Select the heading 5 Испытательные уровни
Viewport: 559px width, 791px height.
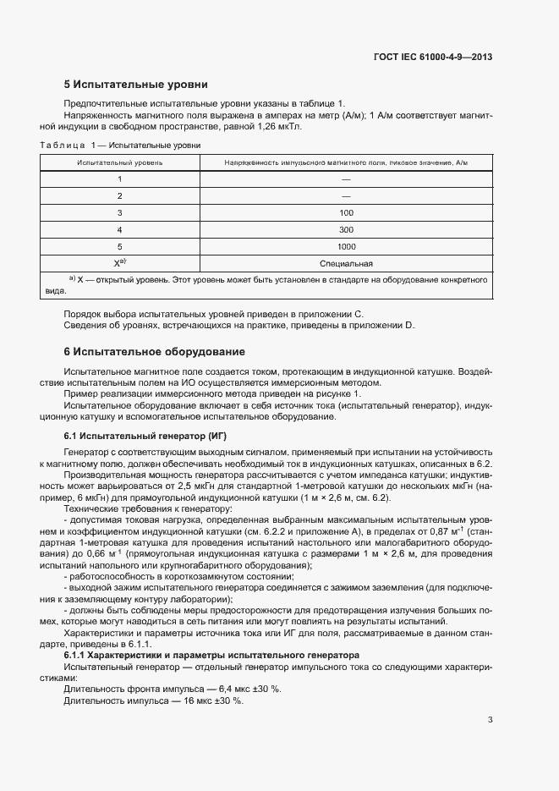pos(135,85)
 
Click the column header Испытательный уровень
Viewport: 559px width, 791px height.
pos(120,162)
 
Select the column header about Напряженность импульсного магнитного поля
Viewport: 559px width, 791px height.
pos(345,162)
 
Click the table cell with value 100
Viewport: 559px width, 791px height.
pos(345,212)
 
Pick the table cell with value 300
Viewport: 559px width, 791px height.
pos(345,229)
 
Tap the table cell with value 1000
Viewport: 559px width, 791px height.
pos(345,246)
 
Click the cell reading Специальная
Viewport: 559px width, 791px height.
pos(345,263)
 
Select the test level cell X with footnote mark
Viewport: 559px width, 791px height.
pos(120,263)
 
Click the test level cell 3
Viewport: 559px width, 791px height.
pos(120,212)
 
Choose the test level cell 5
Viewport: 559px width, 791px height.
pos(120,246)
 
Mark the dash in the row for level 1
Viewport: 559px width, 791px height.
pos(345,179)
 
